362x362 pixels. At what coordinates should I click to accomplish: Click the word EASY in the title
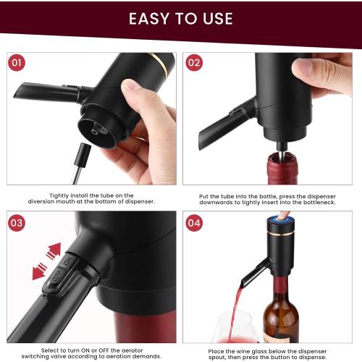point(151,18)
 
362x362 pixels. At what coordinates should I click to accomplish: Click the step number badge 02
point(195,63)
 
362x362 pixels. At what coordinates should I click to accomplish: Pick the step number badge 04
point(195,222)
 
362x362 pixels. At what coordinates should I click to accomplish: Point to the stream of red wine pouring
point(239,304)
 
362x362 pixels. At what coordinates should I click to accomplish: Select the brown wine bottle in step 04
point(281,311)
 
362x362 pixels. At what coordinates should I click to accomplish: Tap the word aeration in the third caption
point(123,360)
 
